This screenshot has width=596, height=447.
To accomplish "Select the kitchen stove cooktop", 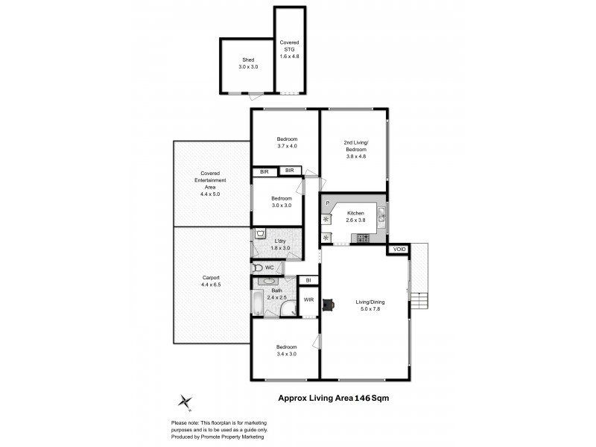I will point(364,238).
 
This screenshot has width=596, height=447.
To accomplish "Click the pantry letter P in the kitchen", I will point(326,201).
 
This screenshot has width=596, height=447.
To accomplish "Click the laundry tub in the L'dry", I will point(259,234).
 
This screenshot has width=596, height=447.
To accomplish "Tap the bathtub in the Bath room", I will point(257,303).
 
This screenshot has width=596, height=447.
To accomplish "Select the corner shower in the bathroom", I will point(288,309).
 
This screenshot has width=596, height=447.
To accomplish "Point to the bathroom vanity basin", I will point(266,282).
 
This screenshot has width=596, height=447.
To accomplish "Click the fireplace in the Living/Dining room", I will point(329,303).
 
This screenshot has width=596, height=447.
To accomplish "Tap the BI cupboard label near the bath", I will point(308,280).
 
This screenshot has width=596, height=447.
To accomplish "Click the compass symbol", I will point(184,402).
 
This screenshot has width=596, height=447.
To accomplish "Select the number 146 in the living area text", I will point(364,399).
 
